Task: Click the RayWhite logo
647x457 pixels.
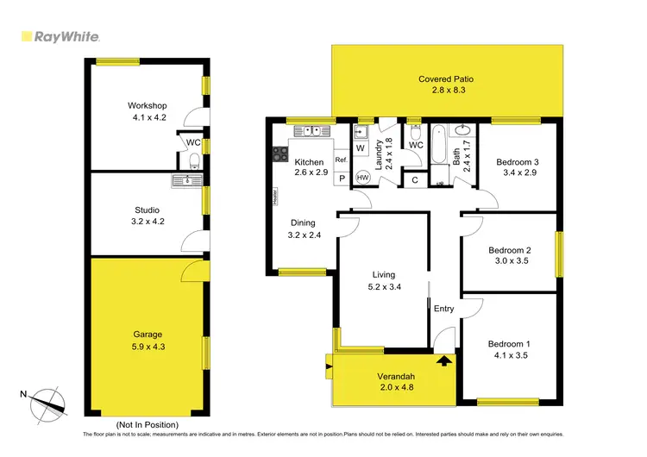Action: click(x=60, y=37)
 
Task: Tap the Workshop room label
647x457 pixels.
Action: click(x=148, y=106)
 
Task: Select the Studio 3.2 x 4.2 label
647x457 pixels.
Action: click(x=147, y=210)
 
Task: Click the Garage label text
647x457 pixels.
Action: click(x=148, y=335)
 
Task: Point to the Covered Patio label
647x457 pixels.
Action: click(x=446, y=79)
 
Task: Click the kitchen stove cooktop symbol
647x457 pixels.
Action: click(x=280, y=155)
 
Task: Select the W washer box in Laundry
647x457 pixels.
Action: click(x=359, y=147)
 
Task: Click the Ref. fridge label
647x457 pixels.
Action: click(x=341, y=160)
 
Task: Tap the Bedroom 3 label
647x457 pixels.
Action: click(x=518, y=161)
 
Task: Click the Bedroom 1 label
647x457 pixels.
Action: click(x=509, y=344)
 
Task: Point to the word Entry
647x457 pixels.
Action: click(x=443, y=309)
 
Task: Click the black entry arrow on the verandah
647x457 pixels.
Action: click(x=444, y=360)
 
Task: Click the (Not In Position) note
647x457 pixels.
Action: click(x=148, y=425)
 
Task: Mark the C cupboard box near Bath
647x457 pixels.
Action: click(x=414, y=180)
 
